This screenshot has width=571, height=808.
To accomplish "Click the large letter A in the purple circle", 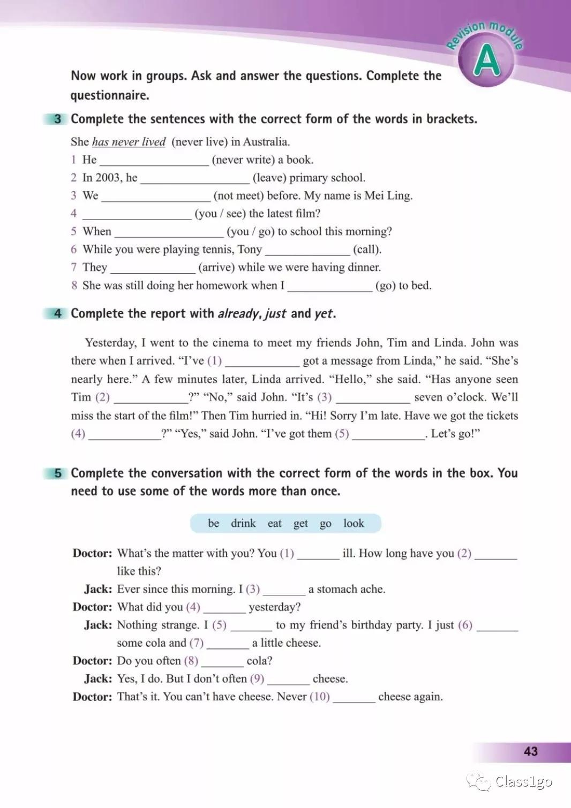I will point(486,61).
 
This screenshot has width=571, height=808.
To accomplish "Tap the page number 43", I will point(530,751).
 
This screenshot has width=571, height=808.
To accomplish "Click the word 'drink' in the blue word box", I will point(243,523).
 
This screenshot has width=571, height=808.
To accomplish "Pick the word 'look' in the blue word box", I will point(354,523).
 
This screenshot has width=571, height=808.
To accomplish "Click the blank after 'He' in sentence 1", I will point(154,161).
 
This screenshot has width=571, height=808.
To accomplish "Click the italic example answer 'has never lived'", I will point(129,142).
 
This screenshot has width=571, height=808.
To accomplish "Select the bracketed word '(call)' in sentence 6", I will point(367,250).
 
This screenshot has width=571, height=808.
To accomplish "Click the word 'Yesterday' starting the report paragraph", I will point(110,343).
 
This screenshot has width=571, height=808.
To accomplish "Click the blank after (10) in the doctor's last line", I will point(354,698).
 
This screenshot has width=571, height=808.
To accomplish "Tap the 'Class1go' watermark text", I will point(523,782).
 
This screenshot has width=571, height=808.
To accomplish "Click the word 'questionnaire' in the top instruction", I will point(109,95).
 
